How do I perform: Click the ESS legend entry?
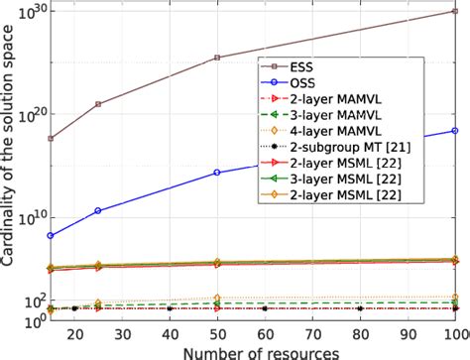(307, 67)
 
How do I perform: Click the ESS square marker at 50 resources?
(217, 58)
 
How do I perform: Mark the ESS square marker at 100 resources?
(455, 11)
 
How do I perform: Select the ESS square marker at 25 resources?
(97, 104)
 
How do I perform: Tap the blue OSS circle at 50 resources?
(217, 173)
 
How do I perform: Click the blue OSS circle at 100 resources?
(455, 131)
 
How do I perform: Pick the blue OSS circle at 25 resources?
(97, 210)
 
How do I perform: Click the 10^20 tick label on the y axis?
(29, 113)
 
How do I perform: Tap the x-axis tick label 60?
(265, 334)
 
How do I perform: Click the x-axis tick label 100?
(453, 334)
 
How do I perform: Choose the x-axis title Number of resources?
(255, 351)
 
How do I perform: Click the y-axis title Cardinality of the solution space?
(9, 164)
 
